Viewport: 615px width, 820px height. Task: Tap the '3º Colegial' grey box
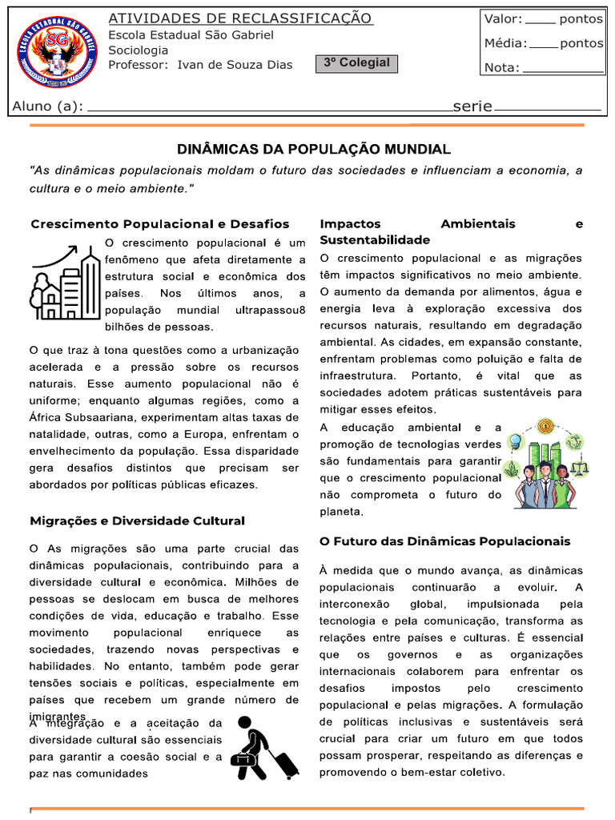tap(357, 63)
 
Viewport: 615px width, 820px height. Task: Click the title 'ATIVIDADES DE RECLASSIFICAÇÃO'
tap(239, 18)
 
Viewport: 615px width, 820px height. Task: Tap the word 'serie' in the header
tap(472, 107)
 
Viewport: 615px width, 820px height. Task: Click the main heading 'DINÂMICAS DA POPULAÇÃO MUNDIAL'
tap(314, 150)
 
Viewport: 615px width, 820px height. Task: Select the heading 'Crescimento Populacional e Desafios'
tap(160, 224)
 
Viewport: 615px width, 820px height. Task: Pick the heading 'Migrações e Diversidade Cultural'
tap(138, 521)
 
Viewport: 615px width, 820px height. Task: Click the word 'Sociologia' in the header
tap(139, 50)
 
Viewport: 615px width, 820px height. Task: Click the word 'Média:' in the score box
tap(505, 43)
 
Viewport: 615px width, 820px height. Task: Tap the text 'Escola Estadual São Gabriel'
tap(191, 35)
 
